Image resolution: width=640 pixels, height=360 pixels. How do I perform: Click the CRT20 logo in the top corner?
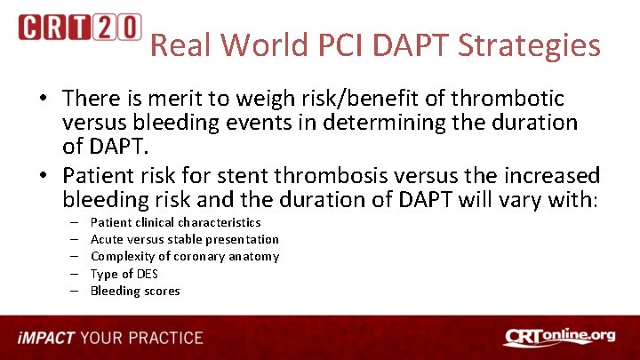coord(79,28)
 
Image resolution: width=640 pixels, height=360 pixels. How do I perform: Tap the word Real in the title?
coord(179,45)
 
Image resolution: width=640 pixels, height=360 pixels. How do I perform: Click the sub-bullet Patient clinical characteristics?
coord(176,222)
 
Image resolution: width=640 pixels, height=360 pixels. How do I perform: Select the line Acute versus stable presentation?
coord(185,239)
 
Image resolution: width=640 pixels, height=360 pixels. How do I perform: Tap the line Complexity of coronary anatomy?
coord(185,256)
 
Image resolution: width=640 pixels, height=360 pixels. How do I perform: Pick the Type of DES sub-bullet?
coord(124,274)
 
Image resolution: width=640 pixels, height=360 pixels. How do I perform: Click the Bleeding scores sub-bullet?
coord(135,291)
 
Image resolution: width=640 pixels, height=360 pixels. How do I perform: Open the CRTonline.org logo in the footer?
coord(558,338)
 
